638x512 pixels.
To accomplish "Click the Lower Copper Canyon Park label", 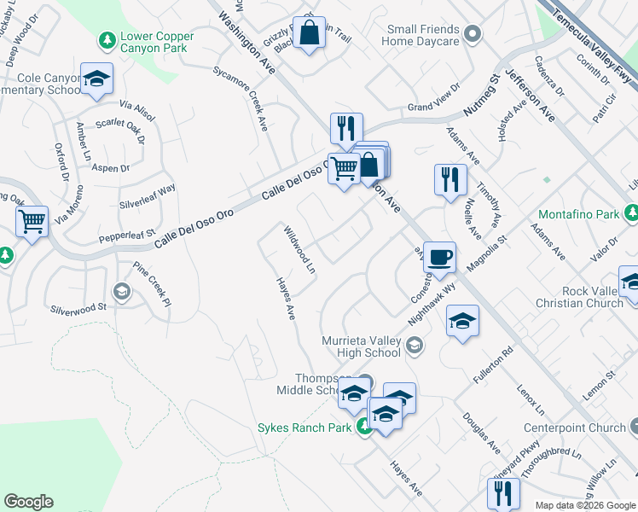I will click(157, 44).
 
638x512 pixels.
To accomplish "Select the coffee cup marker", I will click(439, 257).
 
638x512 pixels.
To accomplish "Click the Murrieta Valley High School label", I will click(361, 346).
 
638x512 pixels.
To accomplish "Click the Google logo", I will click(28, 502).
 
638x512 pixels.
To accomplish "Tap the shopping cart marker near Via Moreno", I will click(32, 222).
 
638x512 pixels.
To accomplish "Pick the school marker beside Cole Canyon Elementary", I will click(96, 79).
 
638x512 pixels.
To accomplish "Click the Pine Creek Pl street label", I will click(153, 284).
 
